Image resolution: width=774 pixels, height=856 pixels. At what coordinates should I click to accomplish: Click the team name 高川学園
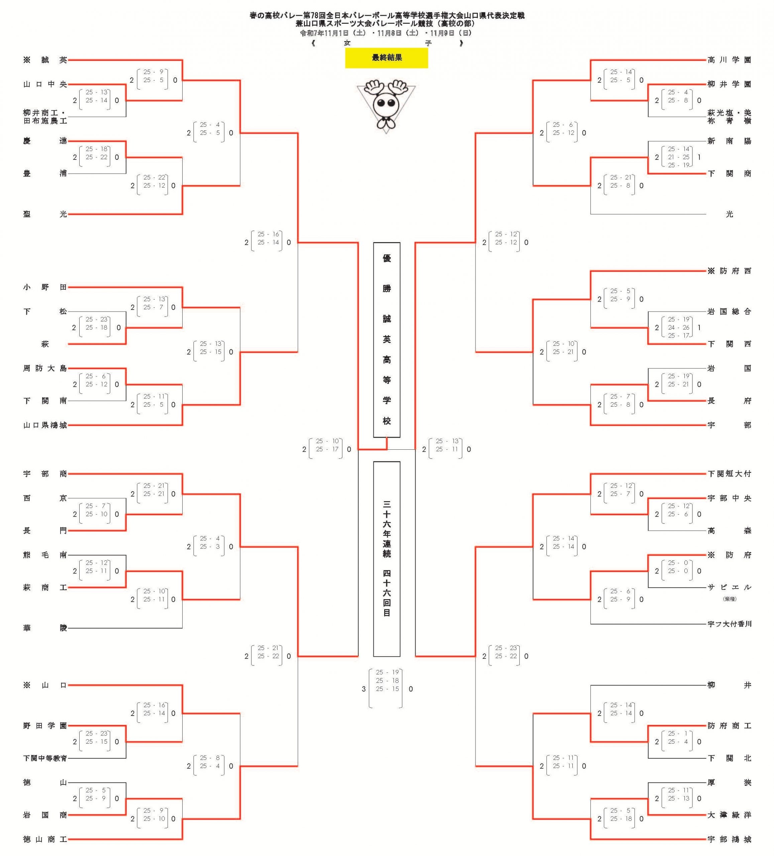(x=729, y=60)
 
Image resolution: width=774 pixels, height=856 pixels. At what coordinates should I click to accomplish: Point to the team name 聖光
(x=45, y=214)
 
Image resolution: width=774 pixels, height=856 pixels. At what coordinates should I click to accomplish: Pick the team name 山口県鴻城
(x=45, y=425)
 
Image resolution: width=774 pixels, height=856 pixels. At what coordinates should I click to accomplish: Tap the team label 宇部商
(x=45, y=474)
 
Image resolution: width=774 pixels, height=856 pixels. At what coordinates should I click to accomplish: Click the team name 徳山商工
(x=45, y=839)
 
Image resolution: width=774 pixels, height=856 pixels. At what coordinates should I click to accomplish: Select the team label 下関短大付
(x=729, y=474)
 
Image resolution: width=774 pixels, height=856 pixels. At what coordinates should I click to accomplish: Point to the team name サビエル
(x=729, y=587)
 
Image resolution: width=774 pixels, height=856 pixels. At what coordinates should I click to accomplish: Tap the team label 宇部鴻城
(x=729, y=839)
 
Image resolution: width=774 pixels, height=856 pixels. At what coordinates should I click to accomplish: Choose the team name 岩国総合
(x=729, y=312)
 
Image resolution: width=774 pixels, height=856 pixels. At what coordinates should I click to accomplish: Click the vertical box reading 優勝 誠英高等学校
(x=386, y=340)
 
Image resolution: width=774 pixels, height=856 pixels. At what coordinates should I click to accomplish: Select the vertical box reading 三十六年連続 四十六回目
(x=386, y=559)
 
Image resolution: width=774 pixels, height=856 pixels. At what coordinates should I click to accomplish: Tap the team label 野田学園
(x=45, y=726)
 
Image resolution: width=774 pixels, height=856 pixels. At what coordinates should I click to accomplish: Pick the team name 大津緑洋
(x=729, y=815)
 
